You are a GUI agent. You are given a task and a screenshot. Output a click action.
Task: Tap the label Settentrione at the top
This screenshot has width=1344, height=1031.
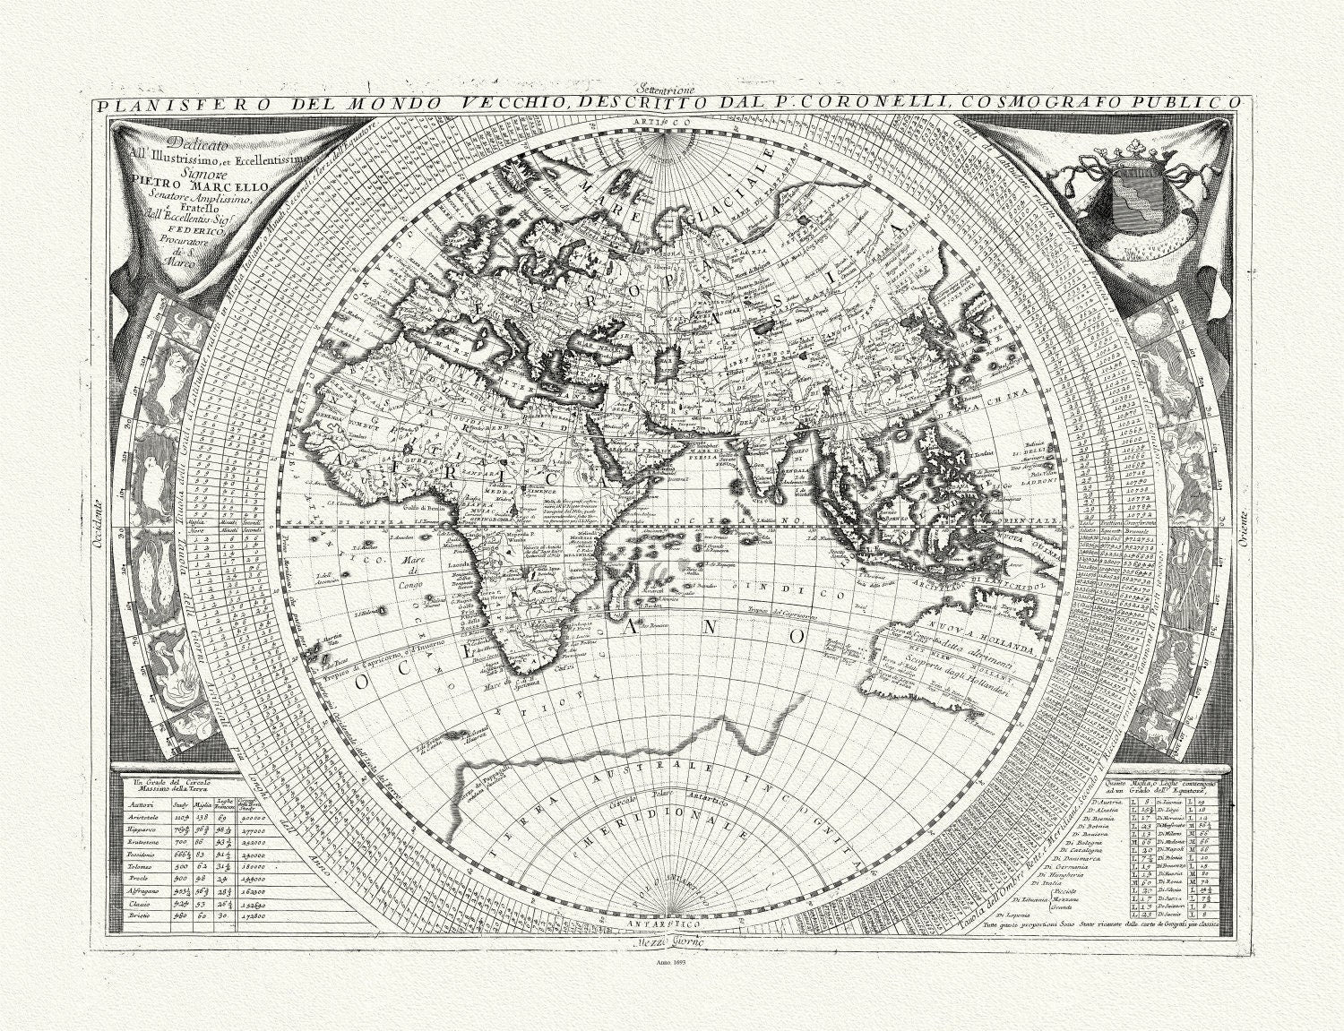(x=668, y=89)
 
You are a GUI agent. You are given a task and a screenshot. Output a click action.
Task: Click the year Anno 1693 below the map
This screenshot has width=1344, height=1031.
(x=668, y=962)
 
